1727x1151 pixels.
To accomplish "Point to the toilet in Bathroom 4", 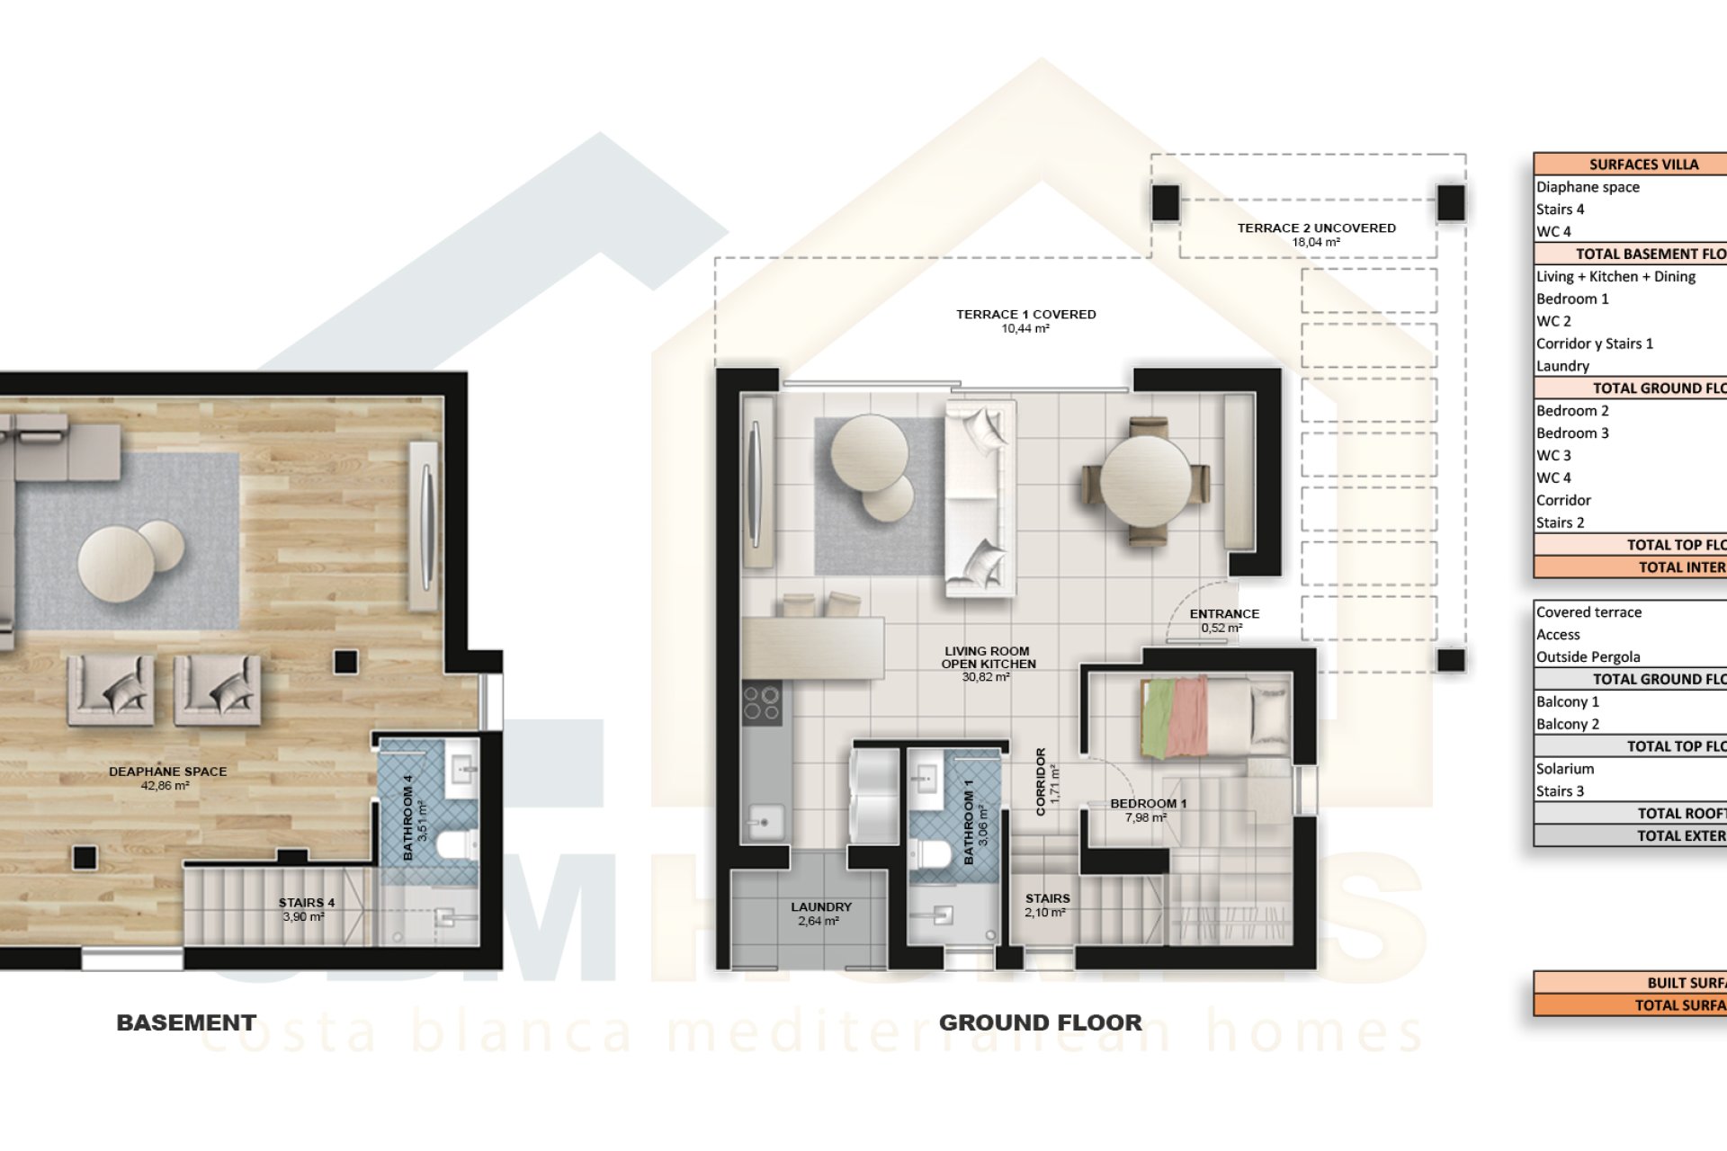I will (455, 845).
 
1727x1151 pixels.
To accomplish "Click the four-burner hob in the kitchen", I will (761, 703).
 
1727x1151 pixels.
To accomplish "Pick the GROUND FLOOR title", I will (1040, 1022).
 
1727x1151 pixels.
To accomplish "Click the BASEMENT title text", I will (186, 1022).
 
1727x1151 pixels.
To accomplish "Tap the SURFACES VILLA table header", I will (1642, 165).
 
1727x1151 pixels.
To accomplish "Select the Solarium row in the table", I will (1565, 769).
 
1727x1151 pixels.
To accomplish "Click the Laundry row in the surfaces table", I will (1562, 366).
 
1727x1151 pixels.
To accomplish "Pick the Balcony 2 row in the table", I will (1567, 724).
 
